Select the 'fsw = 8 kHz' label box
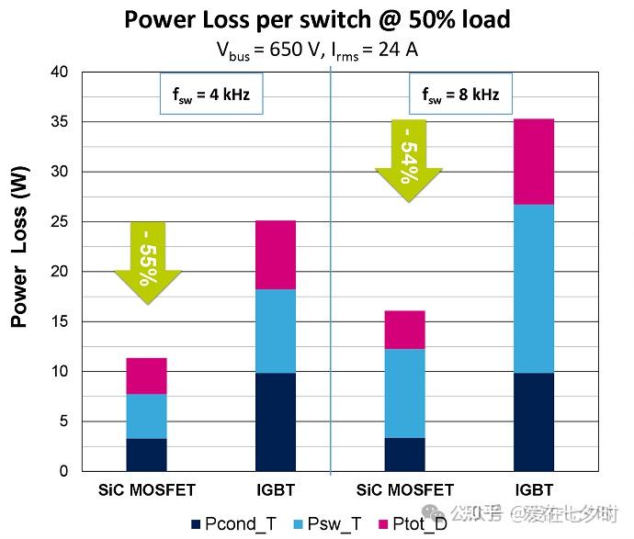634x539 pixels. tap(459, 94)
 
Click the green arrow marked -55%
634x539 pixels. tap(148, 263)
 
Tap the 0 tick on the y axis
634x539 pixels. tap(63, 471)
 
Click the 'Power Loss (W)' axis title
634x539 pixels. tap(19, 246)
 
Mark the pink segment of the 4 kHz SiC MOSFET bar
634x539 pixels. tap(147, 376)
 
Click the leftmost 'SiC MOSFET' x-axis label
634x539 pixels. tap(147, 489)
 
